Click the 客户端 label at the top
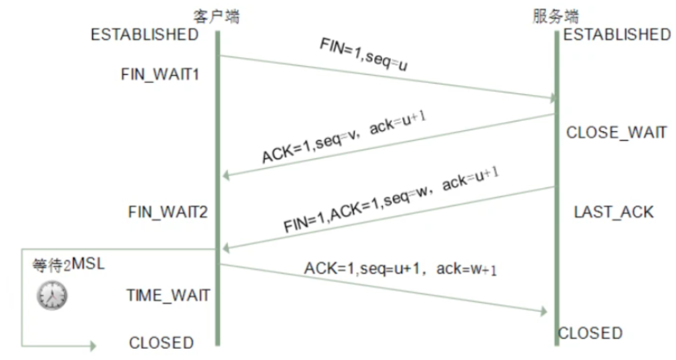pyautogui.click(x=217, y=16)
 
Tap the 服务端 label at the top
pyautogui.click(x=554, y=16)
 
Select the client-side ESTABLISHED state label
pyautogui.click(x=144, y=35)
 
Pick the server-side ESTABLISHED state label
pyautogui.click(x=617, y=35)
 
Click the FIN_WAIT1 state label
pyautogui.click(x=160, y=75)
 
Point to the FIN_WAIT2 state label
pyautogui.click(x=168, y=212)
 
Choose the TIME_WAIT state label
pyautogui.click(x=168, y=295)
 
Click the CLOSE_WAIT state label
pyautogui.click(x=617, y=133)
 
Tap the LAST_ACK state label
pyautogui.click(x=614, y=212)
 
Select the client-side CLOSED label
pyautogui.click(x=161, y=342)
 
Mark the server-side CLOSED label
pyautogui.click(x=590, y=333)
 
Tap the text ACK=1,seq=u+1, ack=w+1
pyautogui.click(x=401, y=269)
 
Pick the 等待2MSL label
pyautogui.click(x=68, y=265)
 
